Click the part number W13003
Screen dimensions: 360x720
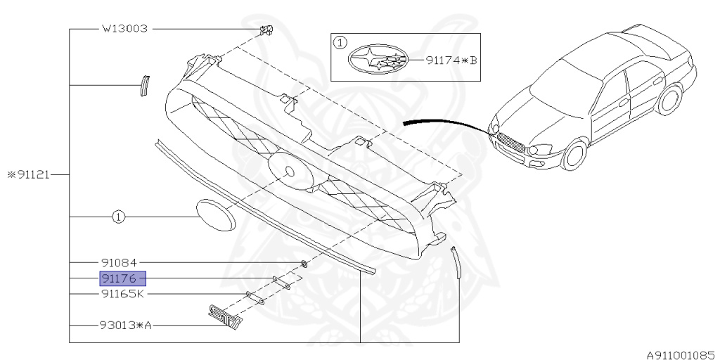click(x=124, y=30)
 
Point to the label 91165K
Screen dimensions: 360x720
click(x=124, y=294)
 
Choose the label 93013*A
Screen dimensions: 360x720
click(x=126, y=326)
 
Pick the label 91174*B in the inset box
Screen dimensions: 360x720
click(x=451, y=60)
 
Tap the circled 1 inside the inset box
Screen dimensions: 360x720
click(x=339, y=43)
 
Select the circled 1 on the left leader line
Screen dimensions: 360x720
click(x=118, y=218)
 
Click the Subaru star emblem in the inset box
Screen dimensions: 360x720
click(x=378, y=60)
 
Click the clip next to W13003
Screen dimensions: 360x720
click(x=265, y=30)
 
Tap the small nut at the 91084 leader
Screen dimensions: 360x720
click(x=303, y=264)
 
